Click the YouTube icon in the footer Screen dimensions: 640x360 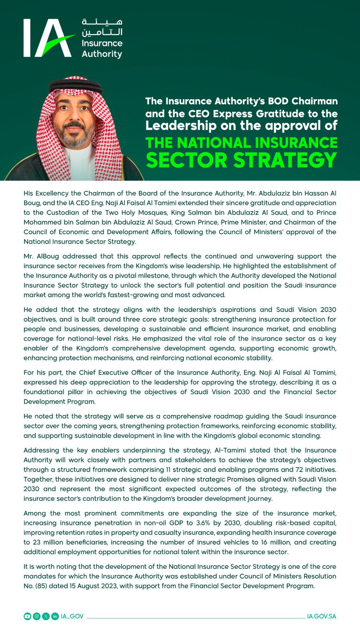pos(27,616)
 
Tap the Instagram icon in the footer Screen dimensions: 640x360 pos(36,616)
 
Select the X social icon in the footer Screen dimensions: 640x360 pos(46,616)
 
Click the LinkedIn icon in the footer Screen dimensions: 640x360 pos(55,616)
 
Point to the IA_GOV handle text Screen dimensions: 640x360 pos(72,616)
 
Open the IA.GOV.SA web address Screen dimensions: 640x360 pos(322,616)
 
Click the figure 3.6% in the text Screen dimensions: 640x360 pos(203,523)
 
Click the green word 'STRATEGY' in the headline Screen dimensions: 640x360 pos(285,160)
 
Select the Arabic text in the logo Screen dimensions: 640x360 pos(102,27)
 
